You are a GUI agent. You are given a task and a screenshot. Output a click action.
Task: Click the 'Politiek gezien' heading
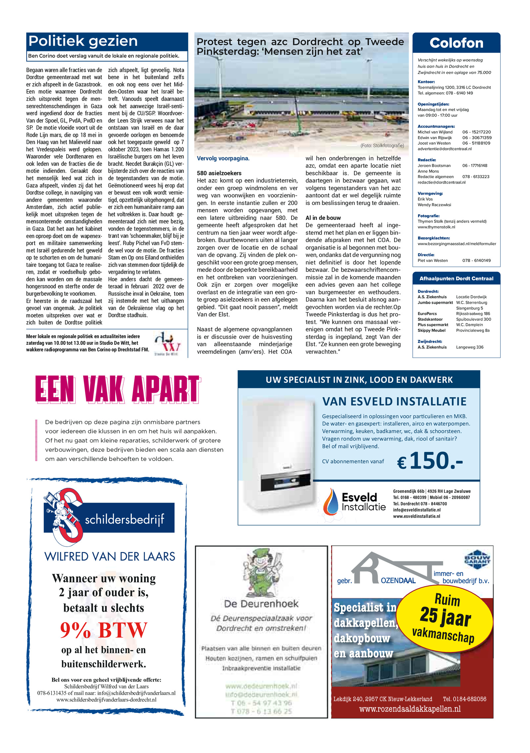coord(83,41)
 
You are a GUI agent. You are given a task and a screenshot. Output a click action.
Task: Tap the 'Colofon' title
coord(456,43)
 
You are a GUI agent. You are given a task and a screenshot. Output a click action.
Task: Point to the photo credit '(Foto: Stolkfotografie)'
coord(382,145)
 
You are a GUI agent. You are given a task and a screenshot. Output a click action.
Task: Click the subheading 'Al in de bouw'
coord(323,218)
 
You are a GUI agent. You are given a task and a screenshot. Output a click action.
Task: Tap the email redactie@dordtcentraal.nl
coord(441,182)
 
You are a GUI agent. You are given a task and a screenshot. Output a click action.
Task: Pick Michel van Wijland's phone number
coord(476,132)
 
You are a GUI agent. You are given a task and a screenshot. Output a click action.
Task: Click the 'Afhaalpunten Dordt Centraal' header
coord(456,278)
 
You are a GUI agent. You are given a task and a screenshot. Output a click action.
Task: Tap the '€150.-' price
coord(430,461)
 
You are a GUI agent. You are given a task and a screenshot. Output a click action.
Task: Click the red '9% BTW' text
coord(103,630)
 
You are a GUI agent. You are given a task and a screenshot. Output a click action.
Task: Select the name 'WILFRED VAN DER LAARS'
coord(110,557)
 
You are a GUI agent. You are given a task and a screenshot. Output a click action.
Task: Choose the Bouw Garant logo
coord(477,560)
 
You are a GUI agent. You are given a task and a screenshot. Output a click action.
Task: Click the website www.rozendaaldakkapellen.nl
coord(410,709)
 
